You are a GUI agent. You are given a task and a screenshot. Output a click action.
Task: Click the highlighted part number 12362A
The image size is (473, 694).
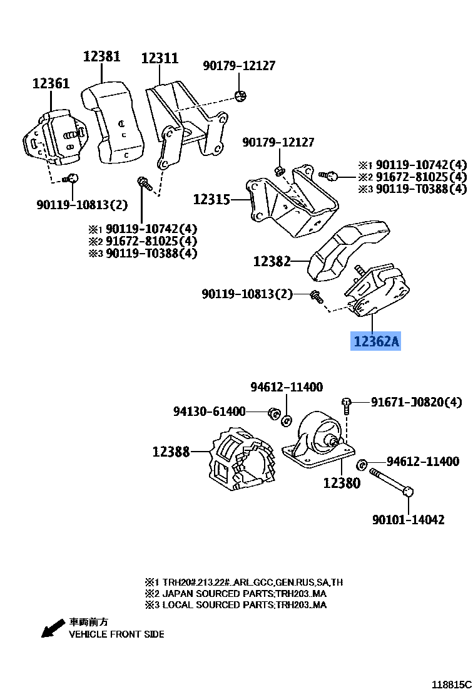pyautogui.click(x=375, y=342)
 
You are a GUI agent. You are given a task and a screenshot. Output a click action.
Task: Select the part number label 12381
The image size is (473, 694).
pyautogui.click(x=101, y=57)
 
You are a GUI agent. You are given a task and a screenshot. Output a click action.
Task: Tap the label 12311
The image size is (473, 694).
pyautogui.click(x=160, y=58)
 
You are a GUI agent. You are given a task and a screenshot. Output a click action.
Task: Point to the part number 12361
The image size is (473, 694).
pyautogui.click(x=51, y=83)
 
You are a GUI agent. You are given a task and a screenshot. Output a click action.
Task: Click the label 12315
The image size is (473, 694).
pyautogui.click(x=211, y=200)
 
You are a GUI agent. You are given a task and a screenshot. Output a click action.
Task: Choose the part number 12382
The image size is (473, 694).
pyautogui.click(x=272, y=261)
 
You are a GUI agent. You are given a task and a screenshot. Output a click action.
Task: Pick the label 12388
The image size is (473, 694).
pyautogui.click(x=171, y=451)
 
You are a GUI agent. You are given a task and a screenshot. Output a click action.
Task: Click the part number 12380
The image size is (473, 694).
pyautogui.click(x=342, y=483)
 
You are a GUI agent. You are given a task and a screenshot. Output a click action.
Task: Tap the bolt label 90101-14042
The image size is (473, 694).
pyautogui.click(x=408, y=520)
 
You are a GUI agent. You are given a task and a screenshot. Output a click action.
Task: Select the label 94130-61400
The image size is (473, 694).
pyautogui.click(x=210, y=412)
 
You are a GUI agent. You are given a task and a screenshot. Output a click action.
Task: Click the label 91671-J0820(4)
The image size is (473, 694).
pyautogui.click(x=416, y=402)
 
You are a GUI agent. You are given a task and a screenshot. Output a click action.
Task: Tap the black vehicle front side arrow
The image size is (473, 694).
pyautogui.click(x=53, y=628)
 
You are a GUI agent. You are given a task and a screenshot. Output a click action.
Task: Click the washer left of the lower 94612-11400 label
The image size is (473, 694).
pyautogui.click(x=361, y=464)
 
